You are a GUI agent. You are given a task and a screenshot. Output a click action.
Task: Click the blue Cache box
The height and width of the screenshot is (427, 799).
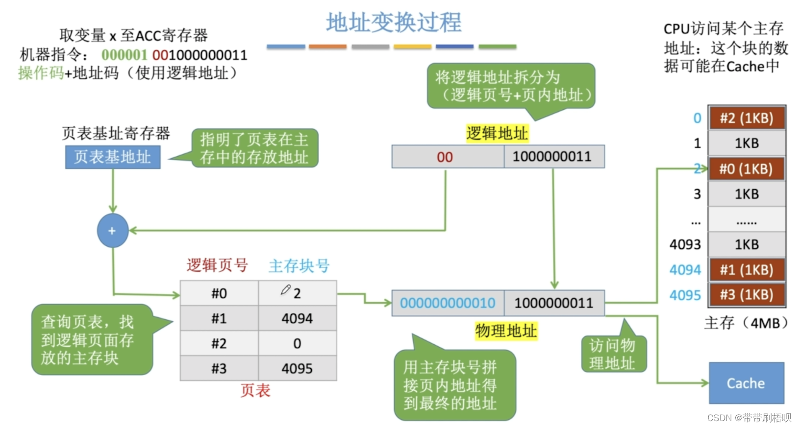(x=746, y=383)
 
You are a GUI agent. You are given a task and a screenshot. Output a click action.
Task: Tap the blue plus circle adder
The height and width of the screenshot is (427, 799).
(x=113, y=230)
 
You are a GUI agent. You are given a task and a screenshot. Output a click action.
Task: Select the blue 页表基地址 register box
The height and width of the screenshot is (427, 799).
(x=113, y=157)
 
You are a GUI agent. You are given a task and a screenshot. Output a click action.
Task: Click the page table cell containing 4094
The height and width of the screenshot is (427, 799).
(x=297, y=319)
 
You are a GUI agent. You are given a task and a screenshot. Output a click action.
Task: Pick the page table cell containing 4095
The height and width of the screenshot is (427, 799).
(x=297, y=369)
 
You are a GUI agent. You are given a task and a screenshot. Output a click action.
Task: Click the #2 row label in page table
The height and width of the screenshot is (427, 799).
(x=219, y=344)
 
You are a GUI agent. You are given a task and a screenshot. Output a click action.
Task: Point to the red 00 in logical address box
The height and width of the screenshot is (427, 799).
(x=445, y=157)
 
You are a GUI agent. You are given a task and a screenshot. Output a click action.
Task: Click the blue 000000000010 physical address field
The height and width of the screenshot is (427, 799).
(x=448, y=303)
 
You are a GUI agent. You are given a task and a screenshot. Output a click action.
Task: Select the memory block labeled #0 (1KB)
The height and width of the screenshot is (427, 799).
(x=746, y=169)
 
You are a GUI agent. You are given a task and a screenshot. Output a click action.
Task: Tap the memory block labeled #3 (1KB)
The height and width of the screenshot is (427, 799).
(x=746, y=295)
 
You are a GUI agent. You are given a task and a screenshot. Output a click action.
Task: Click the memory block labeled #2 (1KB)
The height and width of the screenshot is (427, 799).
(x=746, y=118)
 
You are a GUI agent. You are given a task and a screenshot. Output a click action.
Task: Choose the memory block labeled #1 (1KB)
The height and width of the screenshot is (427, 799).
(x=746, y=270)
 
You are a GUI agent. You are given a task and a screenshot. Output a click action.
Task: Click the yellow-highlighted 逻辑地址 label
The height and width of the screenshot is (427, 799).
(x=497, y=133)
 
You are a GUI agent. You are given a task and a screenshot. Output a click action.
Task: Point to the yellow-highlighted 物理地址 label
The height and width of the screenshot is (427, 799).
(x=506, y=331)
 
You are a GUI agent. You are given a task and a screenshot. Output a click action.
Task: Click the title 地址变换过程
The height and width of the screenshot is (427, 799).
(x=394, y=23)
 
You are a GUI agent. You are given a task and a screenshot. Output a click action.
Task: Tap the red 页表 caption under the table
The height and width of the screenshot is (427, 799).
(x=255, y=390)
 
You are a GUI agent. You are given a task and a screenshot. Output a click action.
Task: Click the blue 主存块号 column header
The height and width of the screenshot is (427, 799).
(x=299, y=266)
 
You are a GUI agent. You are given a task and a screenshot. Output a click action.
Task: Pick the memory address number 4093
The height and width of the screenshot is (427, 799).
(x=685, y=244)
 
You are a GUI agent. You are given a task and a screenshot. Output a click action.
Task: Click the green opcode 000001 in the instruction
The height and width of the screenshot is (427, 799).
(x=124, y=55)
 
